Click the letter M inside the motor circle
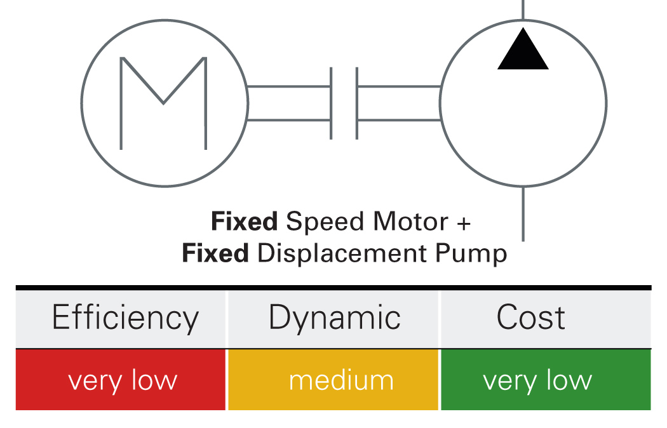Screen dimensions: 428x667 tap(163, 104)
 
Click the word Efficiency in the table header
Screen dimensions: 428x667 tap(125, 318)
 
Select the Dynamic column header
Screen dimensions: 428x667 tap(334, 318)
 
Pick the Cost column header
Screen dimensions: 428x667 tap(530, 318)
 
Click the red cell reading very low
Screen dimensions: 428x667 tap(121, 380)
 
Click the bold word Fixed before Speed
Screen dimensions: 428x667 tap(244, 222)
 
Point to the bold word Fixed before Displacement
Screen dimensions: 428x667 tap(215, 253)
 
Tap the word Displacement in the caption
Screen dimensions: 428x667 tap(340, 253)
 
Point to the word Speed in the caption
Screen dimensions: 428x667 tap(318, 224)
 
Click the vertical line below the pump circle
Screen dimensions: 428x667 tap(523, 213)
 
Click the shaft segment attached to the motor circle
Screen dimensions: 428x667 tap(288, 103)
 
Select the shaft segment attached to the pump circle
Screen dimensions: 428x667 tap(399, 103)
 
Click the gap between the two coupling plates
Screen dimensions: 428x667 tap(344, 103)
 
